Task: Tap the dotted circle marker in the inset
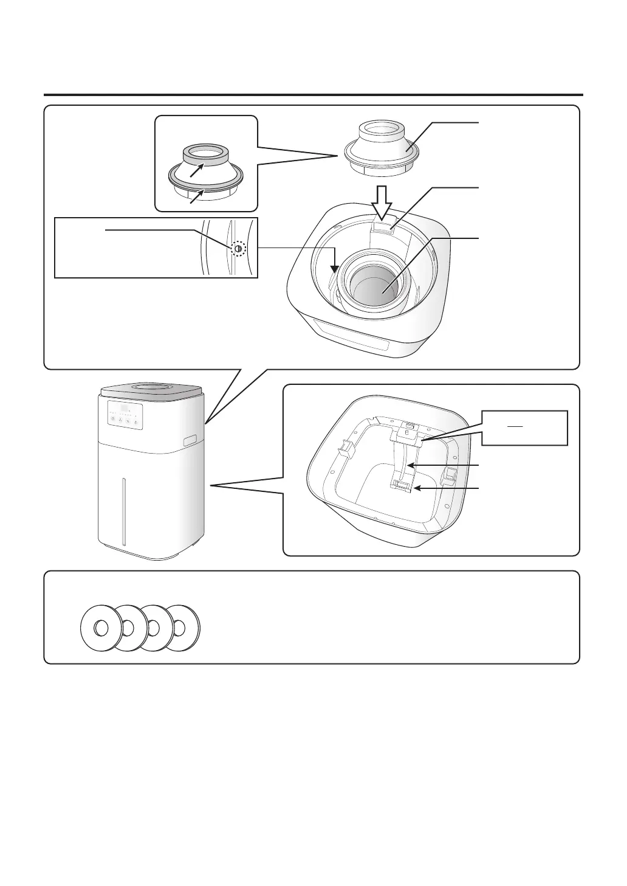[238, 249]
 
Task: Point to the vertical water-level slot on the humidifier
[123, 511]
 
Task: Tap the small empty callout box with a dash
[525, 428]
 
